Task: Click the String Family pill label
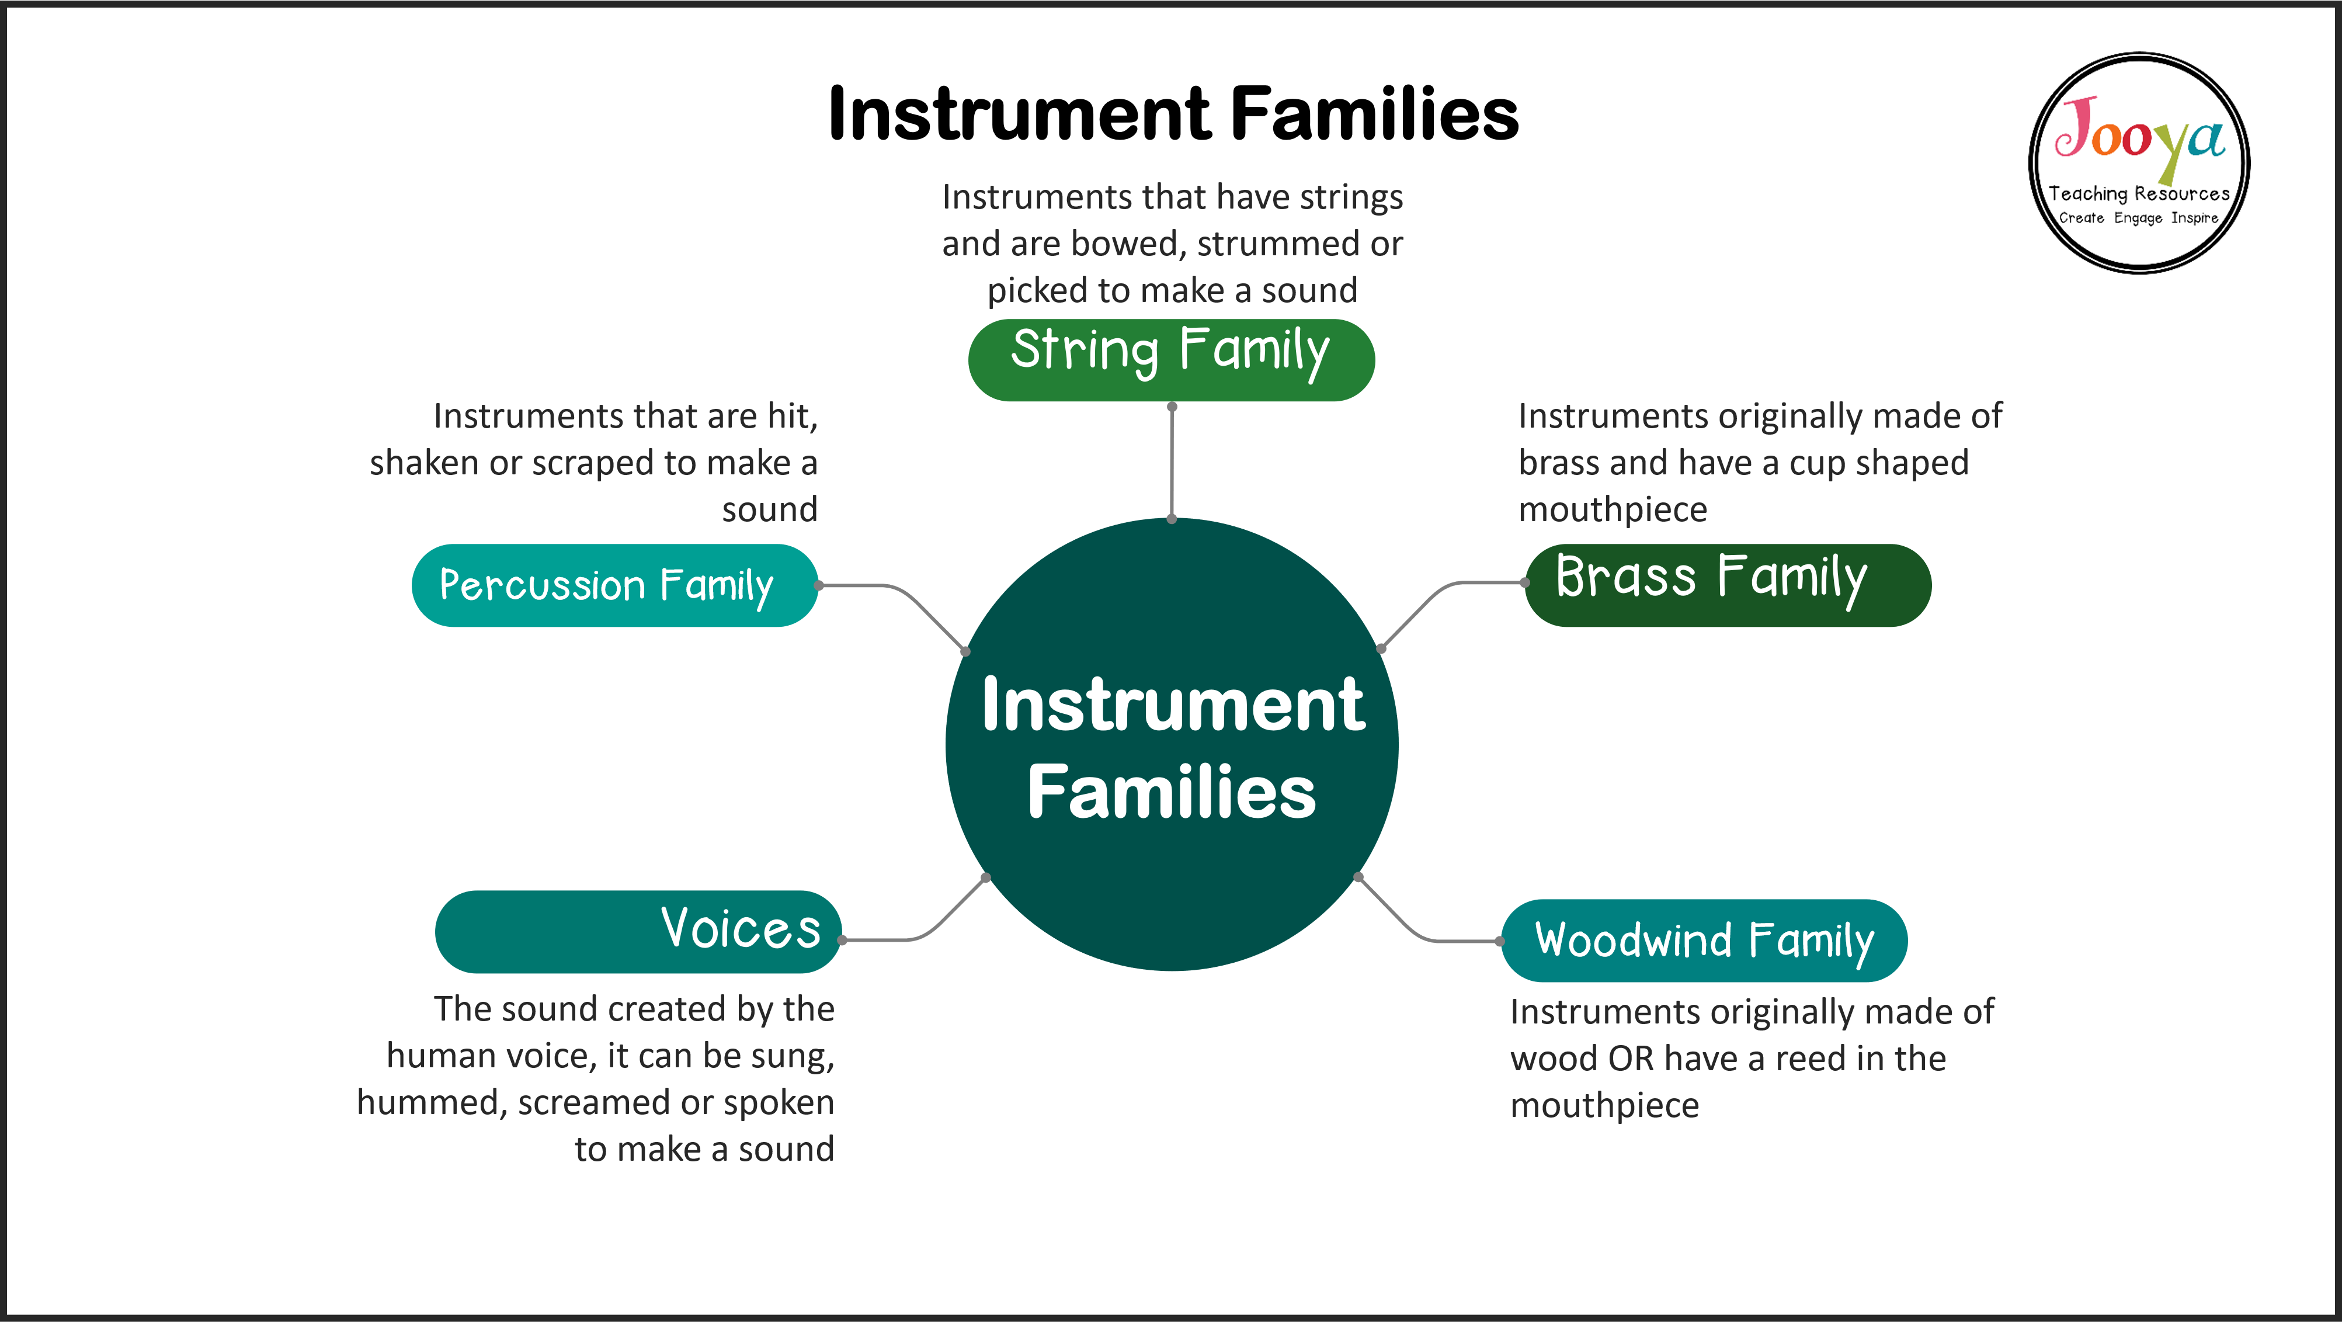(x=1171, y=359)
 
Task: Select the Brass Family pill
(x=1728, y=585)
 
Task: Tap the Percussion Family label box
(x=614, y=585)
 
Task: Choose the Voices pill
(x=638, y=931)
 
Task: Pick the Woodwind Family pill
(x=1704, y=940)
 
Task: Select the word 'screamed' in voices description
(x=594, y=1102)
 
